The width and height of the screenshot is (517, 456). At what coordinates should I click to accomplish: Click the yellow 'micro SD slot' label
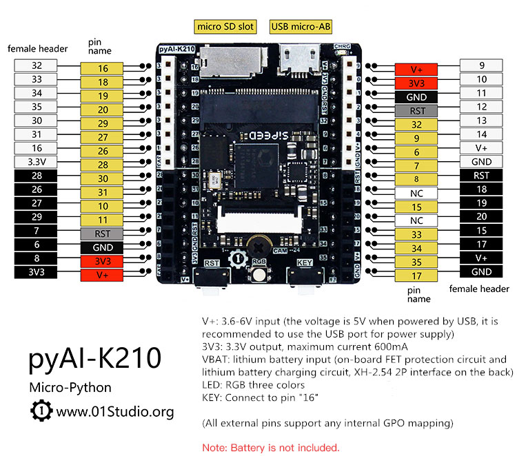(x=225, y=27)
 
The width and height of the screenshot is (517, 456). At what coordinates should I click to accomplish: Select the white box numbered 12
(x=482, y=107)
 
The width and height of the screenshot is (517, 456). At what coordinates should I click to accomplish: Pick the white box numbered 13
(x=482, y=121)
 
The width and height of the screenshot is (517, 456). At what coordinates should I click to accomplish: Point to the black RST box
(x=482, y=176)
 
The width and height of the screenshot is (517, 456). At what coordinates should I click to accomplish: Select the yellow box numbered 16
(x=102, y=68)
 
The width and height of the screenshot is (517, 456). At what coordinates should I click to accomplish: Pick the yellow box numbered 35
(x=416, y=262)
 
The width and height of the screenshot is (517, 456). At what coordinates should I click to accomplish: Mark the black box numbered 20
(x=482, y=216)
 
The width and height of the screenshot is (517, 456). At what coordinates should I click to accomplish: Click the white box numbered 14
(x=482, y=134)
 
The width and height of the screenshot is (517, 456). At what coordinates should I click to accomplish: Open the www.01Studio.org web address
(x=115, y=412)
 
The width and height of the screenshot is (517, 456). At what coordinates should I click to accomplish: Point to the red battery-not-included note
(x=270, y=447)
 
